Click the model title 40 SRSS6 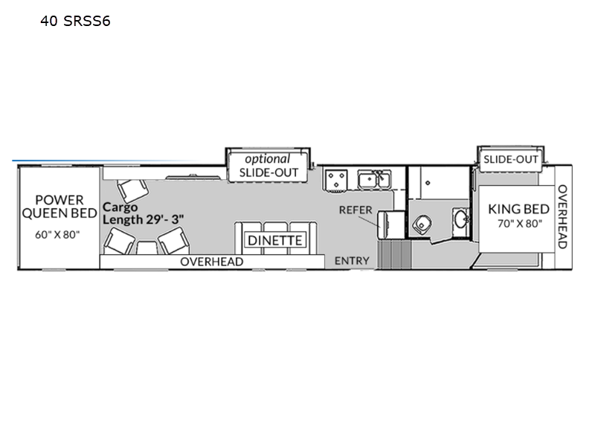point(75,21)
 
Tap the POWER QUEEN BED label point(59,207)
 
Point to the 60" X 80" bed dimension point(57,235)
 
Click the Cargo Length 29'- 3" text point(143,213)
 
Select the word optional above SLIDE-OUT point(267,159)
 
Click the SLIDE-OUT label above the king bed point(510,159)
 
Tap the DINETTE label point(274,240)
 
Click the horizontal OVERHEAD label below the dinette point(212,262)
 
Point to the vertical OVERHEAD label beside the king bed point(562,216)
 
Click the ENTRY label point(352,261)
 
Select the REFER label point(356,210)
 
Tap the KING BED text point(518,209)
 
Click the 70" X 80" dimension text point(520,224)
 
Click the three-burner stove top point(336,180)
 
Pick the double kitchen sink point(375,180)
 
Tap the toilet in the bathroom point(422,224)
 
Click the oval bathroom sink point(461,219)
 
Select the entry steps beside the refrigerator point(394,254)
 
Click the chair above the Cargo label point(132,190)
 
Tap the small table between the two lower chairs point(147,248)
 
